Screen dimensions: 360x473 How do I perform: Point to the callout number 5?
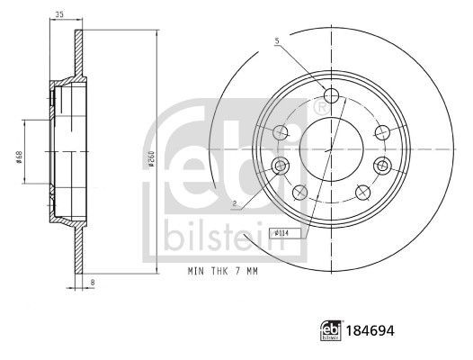(277, 40)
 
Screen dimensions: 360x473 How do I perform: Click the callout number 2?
(235, 203)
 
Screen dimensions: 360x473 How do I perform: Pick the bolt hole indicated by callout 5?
(331, 96)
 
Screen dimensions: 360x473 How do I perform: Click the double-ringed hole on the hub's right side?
(383, 165)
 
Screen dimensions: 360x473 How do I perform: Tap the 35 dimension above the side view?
(59, 15)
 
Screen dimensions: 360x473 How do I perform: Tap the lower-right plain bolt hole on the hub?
(363, 191)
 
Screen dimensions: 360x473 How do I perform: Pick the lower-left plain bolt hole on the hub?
(299, 191)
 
